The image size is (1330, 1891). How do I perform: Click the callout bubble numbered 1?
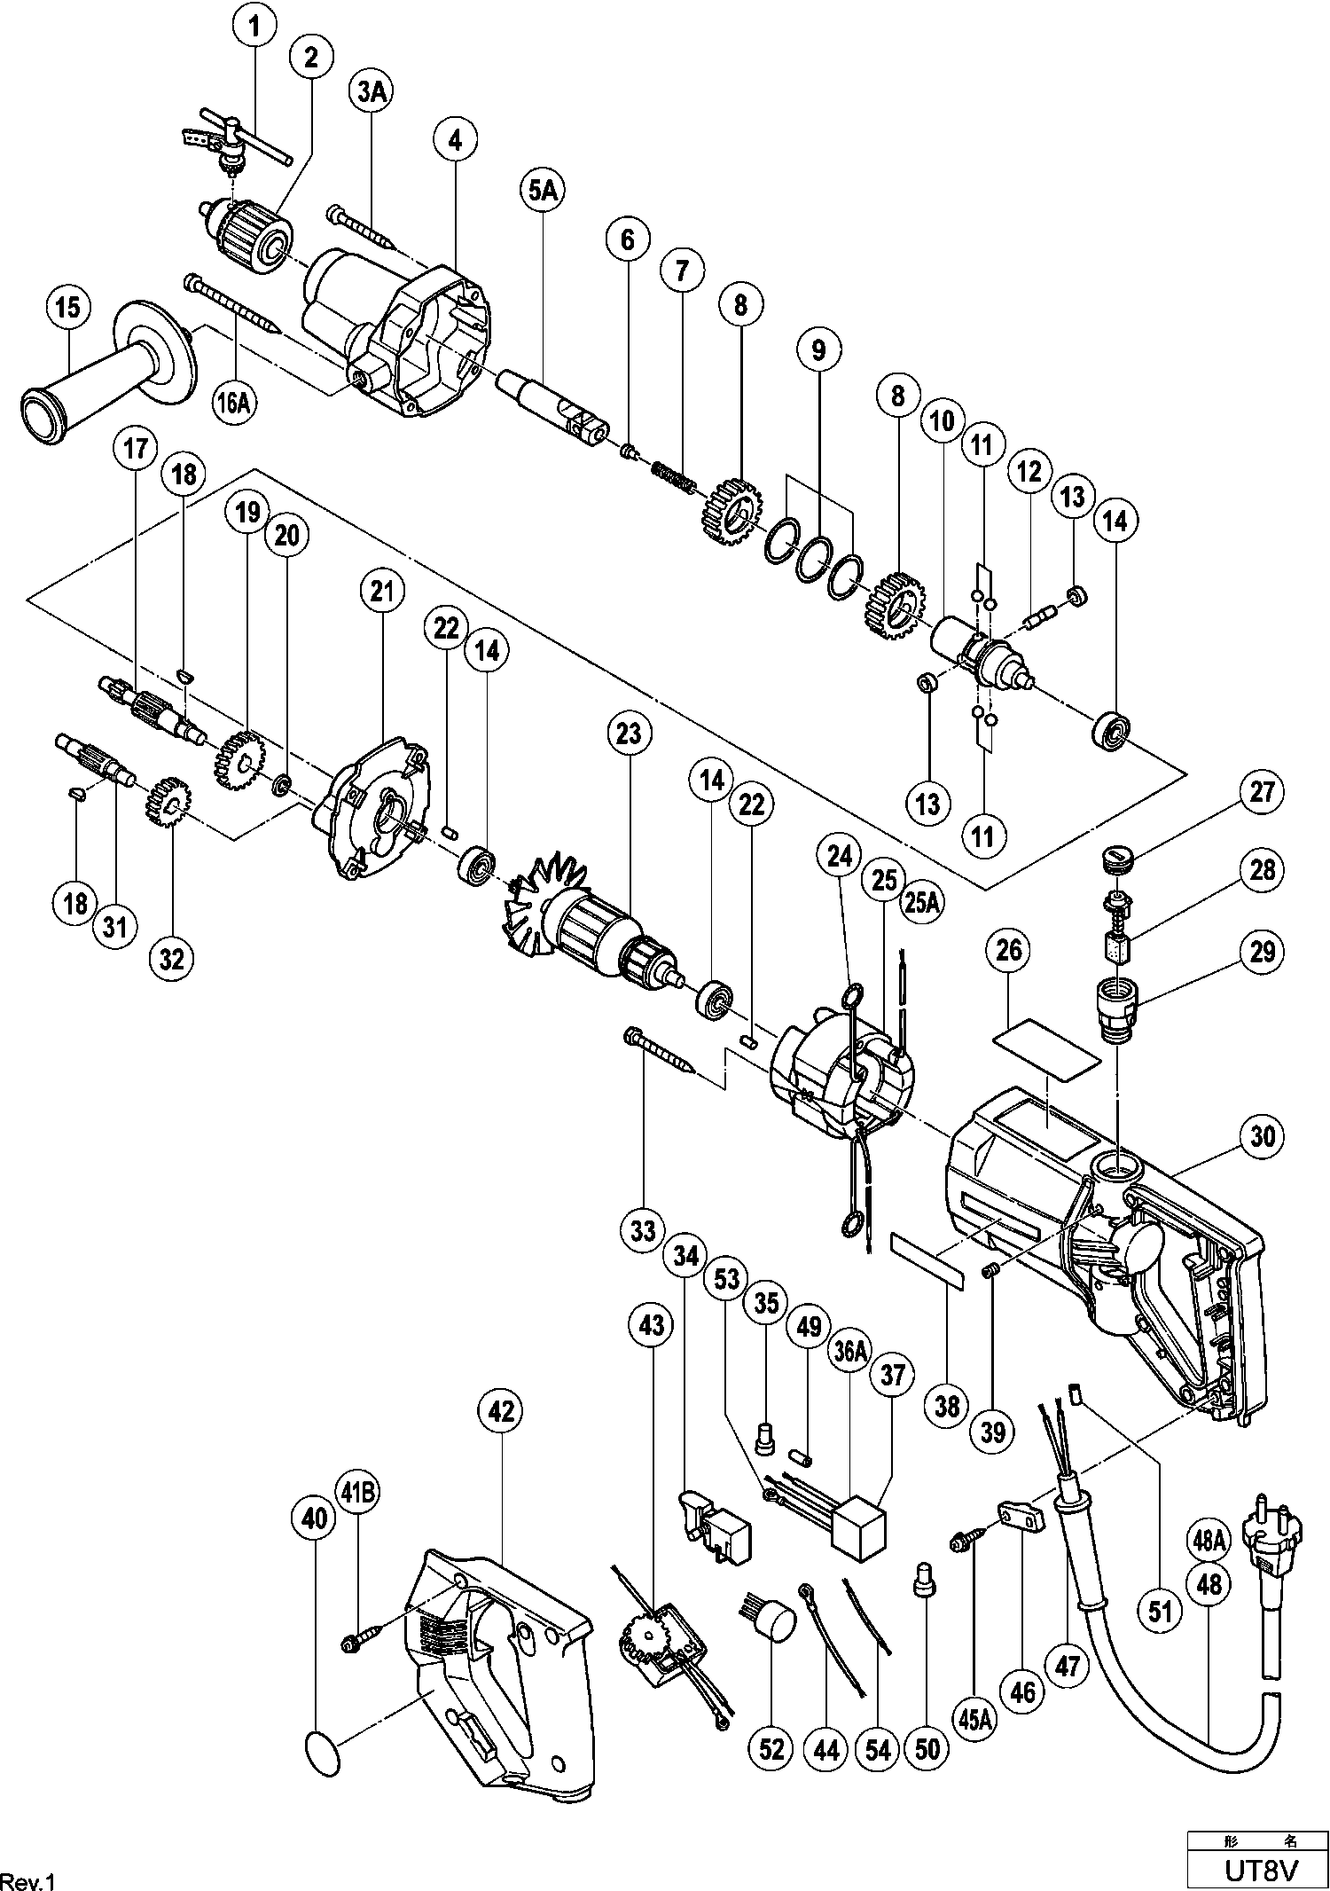(255, 27)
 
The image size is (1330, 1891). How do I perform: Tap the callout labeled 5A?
(543, 192)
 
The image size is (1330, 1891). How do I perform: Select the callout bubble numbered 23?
(629, 734)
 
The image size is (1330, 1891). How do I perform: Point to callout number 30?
(1263, 1136)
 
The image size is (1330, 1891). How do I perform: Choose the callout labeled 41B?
(357, 1495)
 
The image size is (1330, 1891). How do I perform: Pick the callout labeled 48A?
(1209, 1541)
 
